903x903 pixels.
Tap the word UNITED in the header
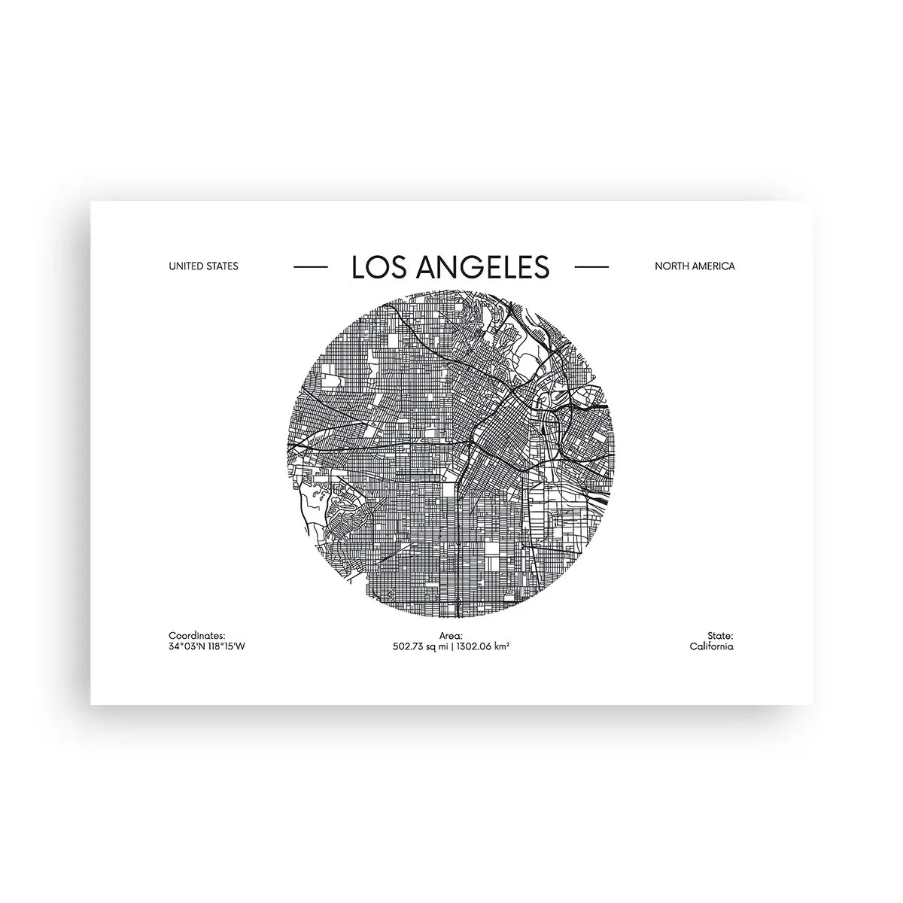point(186,266)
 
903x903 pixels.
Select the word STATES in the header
point(221,266)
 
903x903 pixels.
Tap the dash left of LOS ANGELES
point(309,266)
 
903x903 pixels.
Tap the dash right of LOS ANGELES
point(591,266)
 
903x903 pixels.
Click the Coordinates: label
point(197,636)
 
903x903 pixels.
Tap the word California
point(711,646)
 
